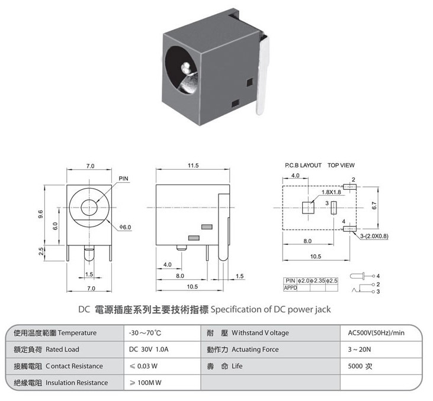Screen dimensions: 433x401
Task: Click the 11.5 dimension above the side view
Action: coord(193,166)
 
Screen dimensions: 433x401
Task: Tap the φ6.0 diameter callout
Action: coord(125,227)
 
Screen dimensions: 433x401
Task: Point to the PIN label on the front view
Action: coord(123,179)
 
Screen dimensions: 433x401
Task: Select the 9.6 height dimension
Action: coord(40,214)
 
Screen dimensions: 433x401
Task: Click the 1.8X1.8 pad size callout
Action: coord(331,192)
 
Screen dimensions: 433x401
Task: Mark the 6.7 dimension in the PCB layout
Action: coord(374,206)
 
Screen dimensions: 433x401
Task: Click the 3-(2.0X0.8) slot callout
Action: coord(374,236)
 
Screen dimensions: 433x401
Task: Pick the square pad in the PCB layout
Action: coord(308,208)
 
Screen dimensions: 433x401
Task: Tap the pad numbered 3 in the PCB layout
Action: coord(334,208)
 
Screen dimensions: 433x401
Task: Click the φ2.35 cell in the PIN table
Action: coord(317,281)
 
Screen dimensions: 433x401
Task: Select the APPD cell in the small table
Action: coord(290,287)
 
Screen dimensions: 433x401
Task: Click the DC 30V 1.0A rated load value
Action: coord(149,350)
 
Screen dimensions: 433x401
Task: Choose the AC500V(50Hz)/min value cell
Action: coord(376,333)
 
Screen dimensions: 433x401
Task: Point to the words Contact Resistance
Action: coord(74,366)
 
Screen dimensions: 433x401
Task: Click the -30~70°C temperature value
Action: coord(145,333)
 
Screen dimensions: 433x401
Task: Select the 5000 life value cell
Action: coord(360,366)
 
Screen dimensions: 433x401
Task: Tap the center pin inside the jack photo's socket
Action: coord(186,68)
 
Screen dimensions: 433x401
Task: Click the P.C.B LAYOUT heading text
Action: coord(303,165)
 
